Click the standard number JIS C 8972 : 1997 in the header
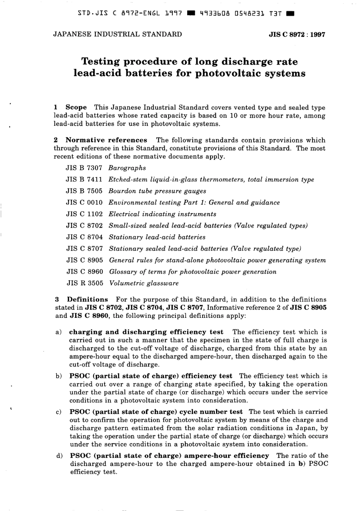click(x=296, y=34)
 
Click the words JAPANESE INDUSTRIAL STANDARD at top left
click(x=117, y=34)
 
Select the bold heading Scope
click(x=76, y=108)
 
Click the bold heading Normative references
click(x=106, y=140)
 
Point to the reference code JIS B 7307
click(x=84, y=168)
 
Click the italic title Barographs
click(x=127, y=168)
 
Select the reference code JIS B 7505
click(x=84, y=191)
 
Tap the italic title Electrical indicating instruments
click(x=162, y=214)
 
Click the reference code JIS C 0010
click(x=84, y=202)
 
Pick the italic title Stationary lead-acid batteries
click(x=157, y=237)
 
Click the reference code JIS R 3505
click(x=85, y=283)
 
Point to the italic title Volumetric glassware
click(x=144, y=283)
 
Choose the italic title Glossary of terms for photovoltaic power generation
click(x=193, y=272)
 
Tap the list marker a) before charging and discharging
click(x=59, y=332)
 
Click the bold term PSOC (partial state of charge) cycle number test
click(x=156, y=412)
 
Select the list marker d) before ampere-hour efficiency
click(x=59, y=456)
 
